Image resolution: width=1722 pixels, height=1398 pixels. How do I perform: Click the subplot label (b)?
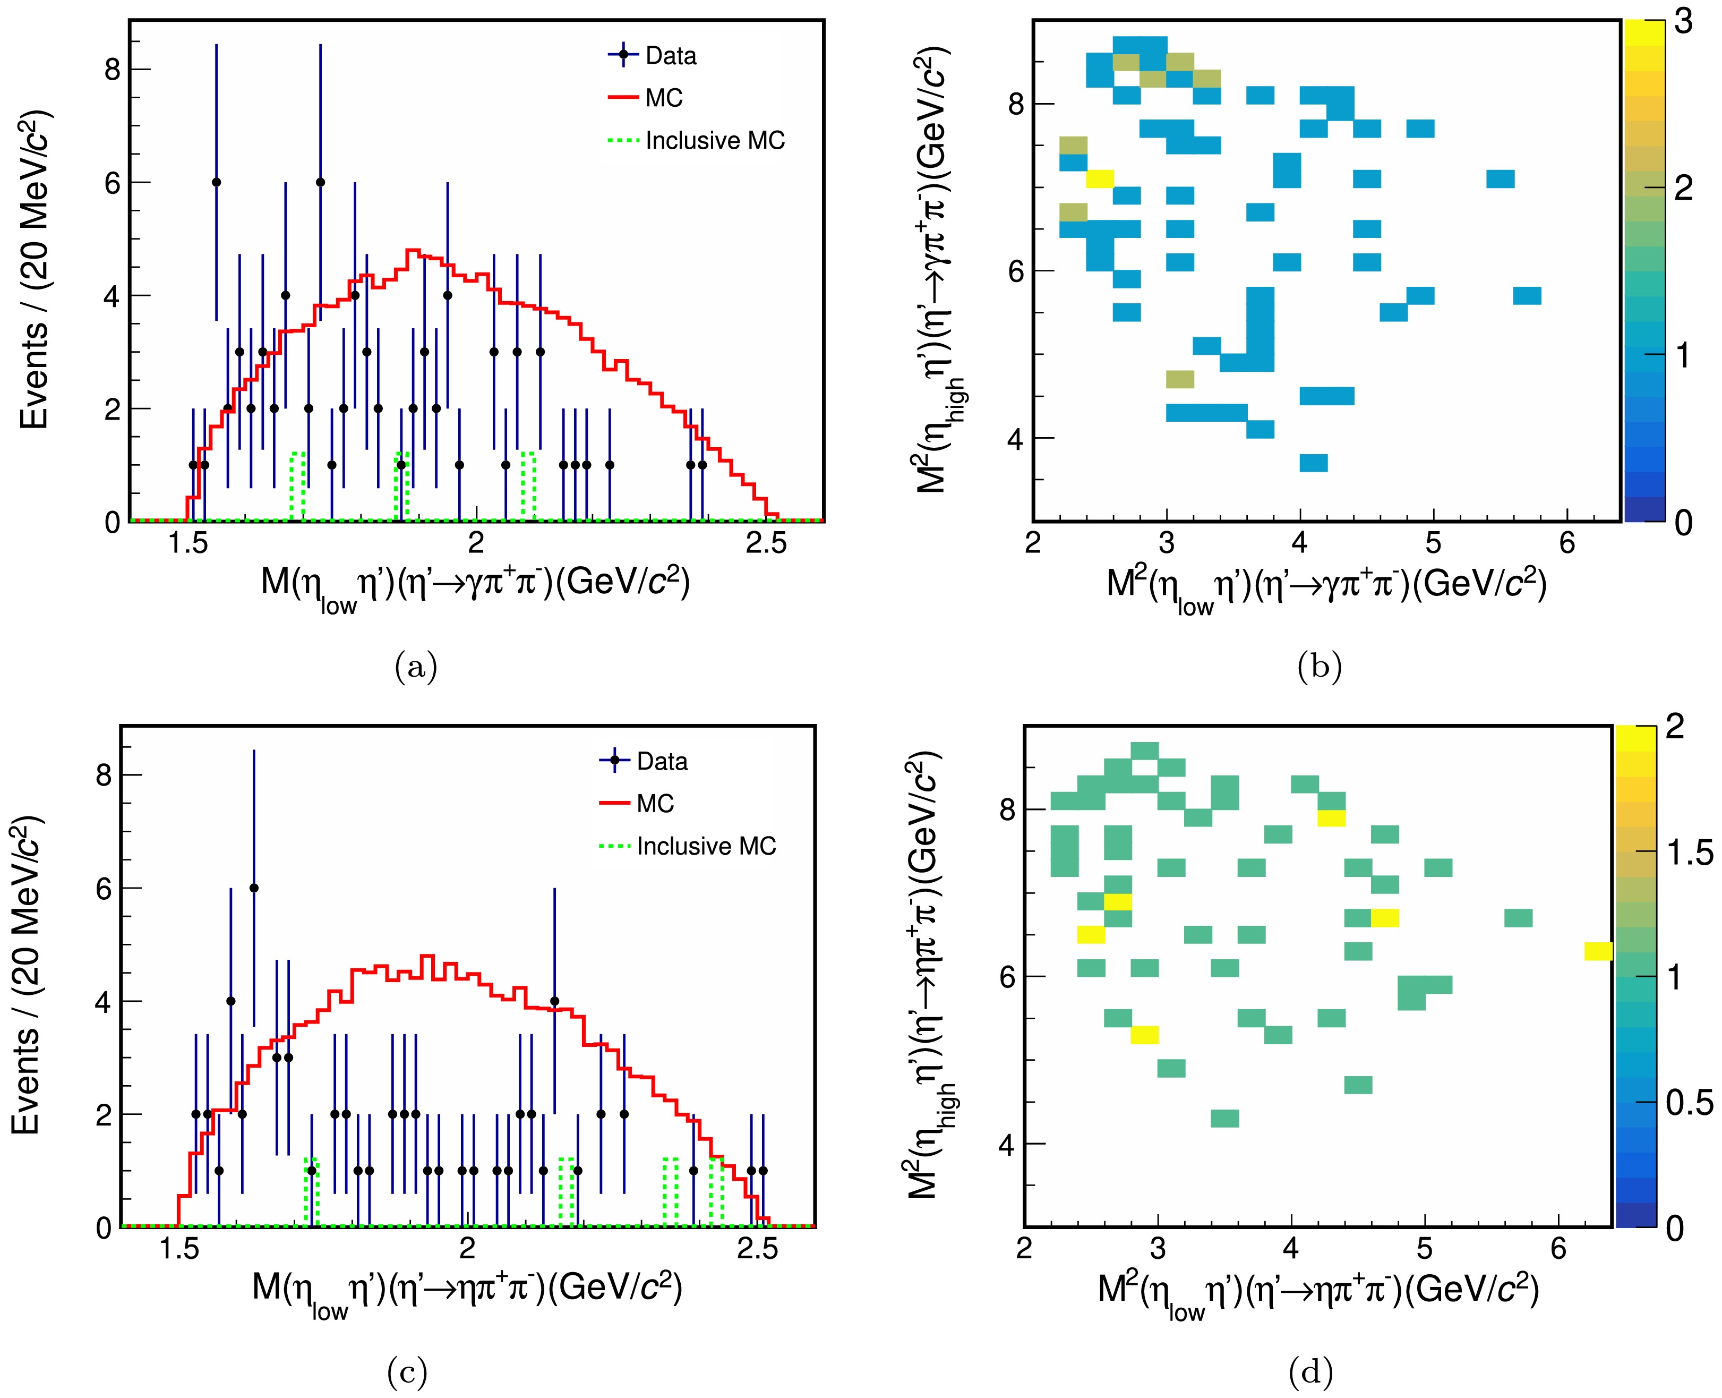tap(1320, 667)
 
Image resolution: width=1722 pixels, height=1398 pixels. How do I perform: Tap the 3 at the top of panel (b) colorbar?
tap(1683, 22)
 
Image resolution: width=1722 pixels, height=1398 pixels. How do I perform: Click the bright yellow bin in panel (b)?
tap(1100, 179)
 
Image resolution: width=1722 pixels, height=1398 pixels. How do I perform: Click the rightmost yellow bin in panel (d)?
tap(1598, 951)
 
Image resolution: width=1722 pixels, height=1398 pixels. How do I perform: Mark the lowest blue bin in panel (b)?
tap(1313, 463)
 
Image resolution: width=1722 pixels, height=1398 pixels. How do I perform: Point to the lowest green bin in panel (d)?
tap(1224, 1119)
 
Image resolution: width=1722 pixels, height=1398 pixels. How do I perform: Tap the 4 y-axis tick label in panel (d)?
tap(1006, 1144)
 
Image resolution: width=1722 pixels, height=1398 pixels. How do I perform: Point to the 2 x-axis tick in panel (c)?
tap(467, 1249)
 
